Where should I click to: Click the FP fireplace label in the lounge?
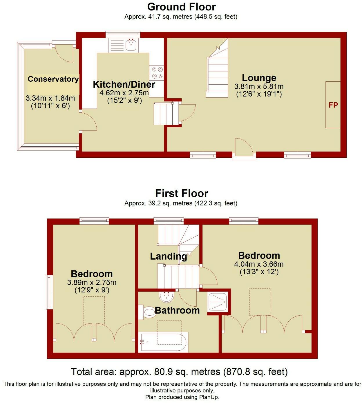[x=333, y=105]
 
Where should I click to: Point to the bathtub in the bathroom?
[x=163, y=342]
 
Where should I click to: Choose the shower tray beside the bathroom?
[x=217, y=302]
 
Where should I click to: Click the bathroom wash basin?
[x=166, y=296]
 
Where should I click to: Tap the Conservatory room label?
[x=53, y=79]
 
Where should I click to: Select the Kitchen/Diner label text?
[x=124, y=84]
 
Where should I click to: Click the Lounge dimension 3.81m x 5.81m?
[x=259, y=86]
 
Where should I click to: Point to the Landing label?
[x=168, y=256]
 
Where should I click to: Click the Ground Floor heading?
[x=181, y=7]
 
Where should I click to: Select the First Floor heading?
[x=182, y=193]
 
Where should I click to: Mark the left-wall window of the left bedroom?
[x=49, y=292]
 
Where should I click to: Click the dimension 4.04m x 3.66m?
[x=259, y=264]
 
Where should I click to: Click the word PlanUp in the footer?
[x=209, y=397]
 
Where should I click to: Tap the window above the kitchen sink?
[x=123, y=34]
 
